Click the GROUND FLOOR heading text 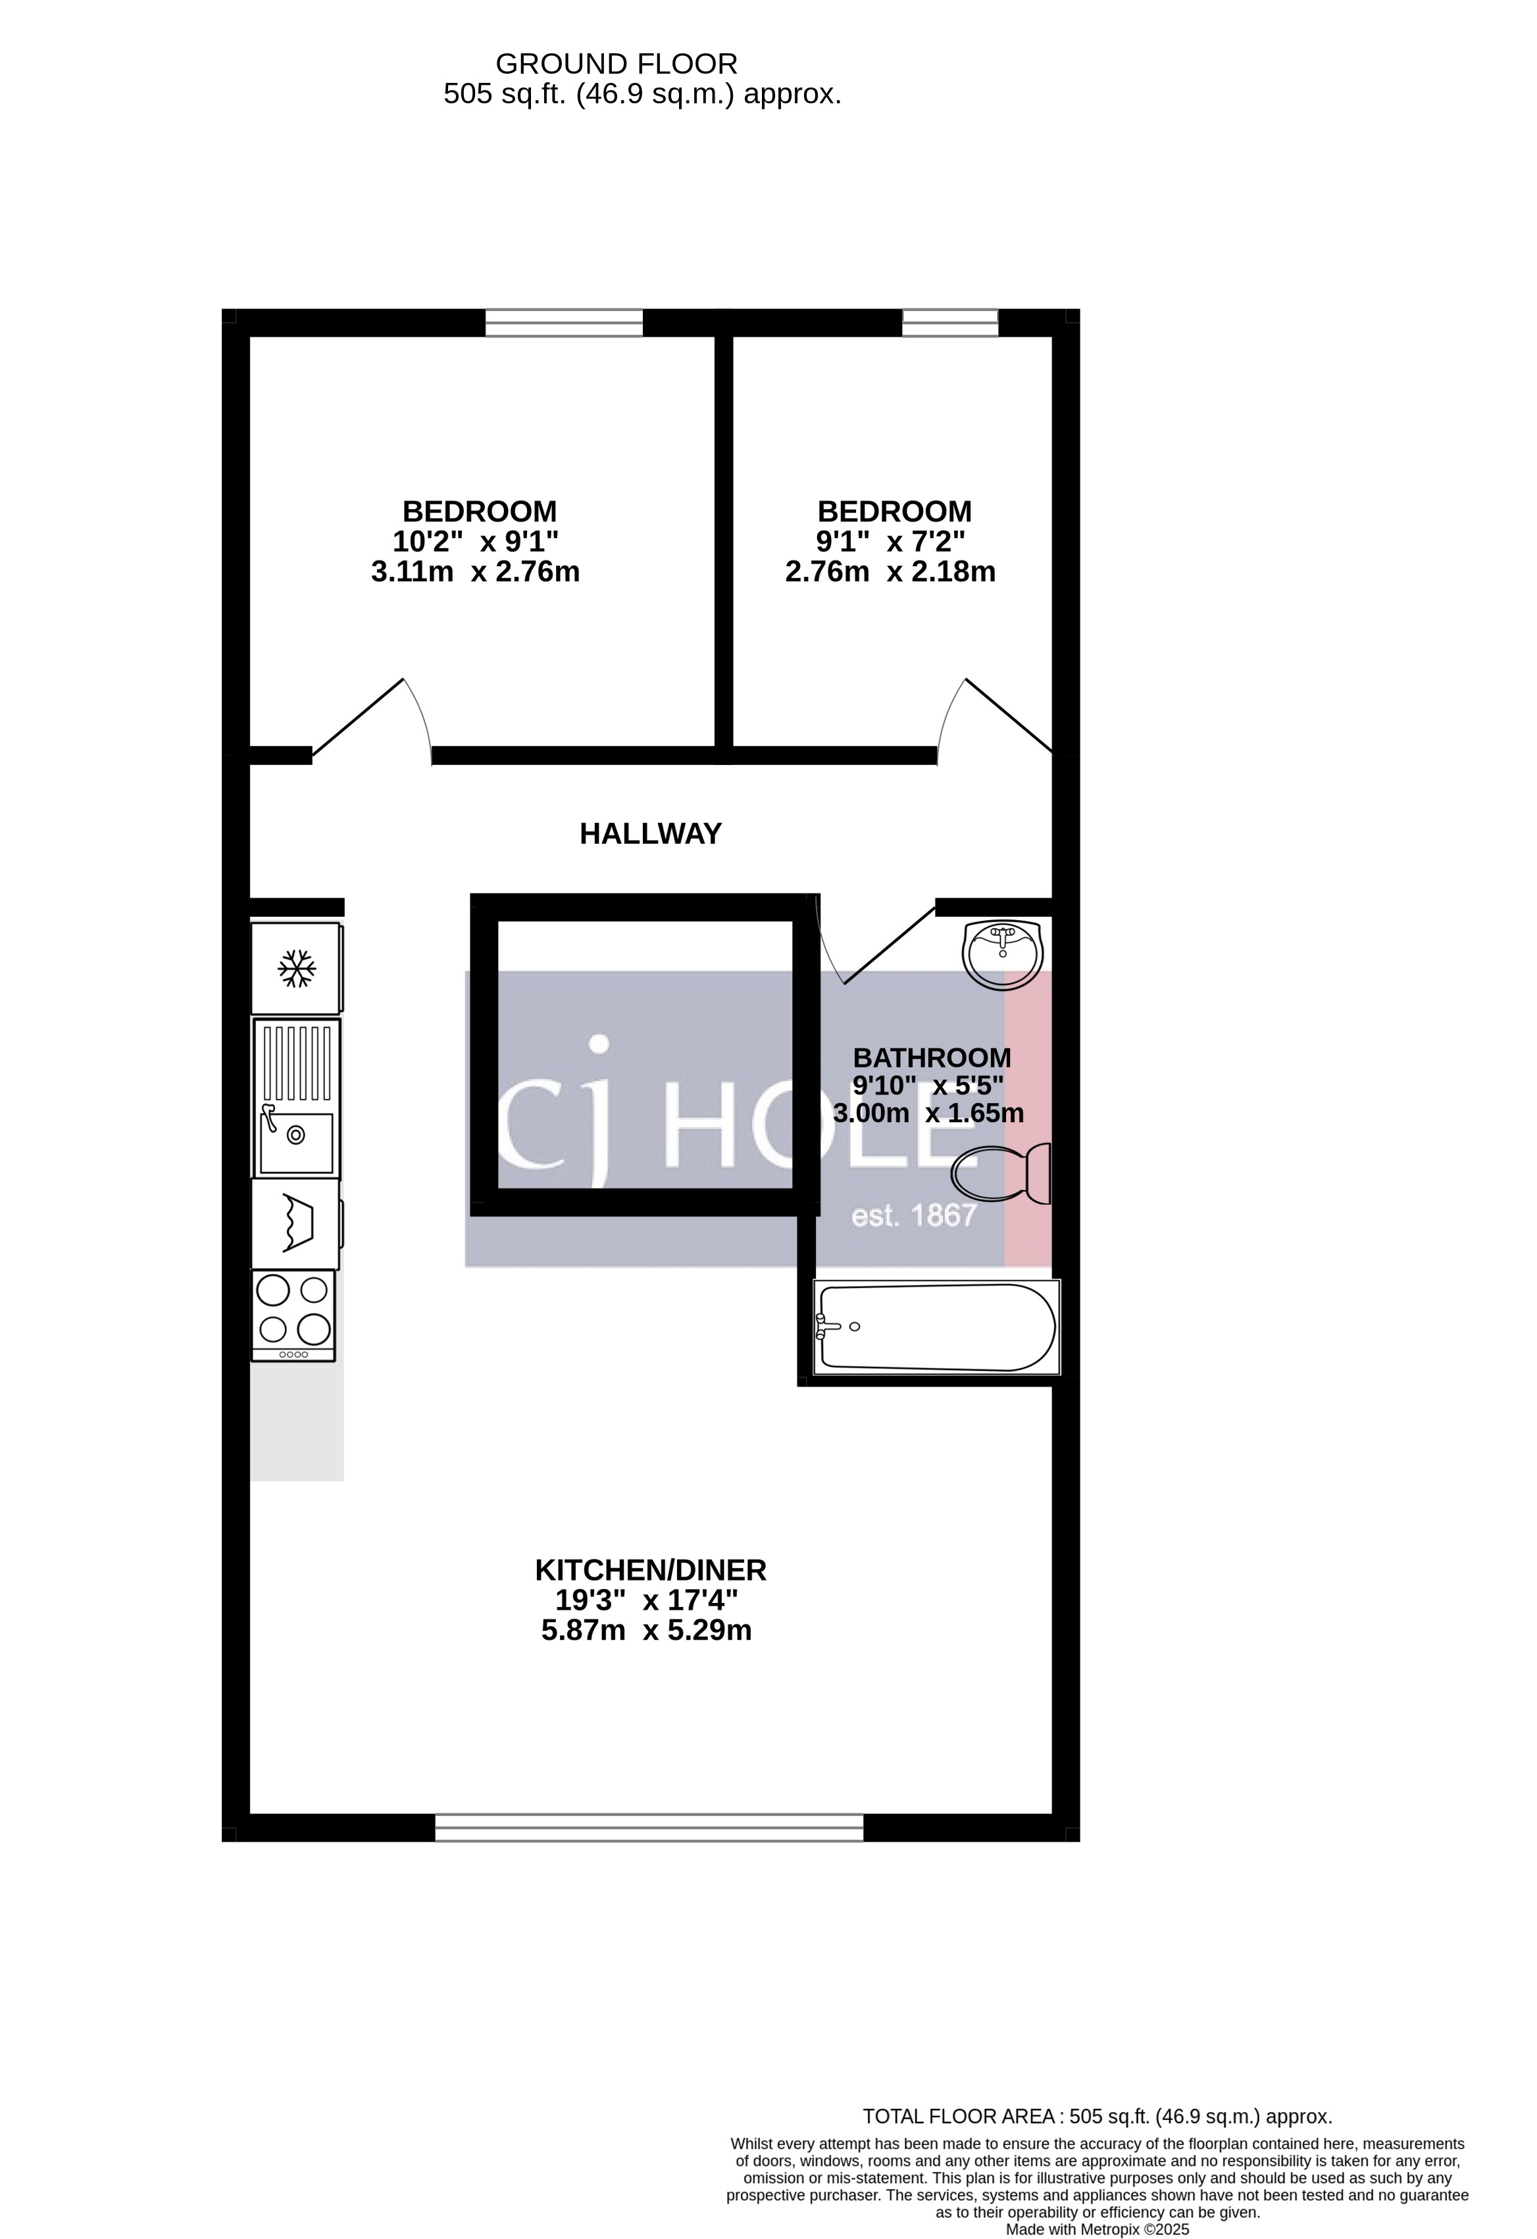617,64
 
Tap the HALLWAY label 651,833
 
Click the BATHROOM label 932,1058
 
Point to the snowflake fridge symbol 297,968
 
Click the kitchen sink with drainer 297,1098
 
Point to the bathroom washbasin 1002,954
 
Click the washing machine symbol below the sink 297,1223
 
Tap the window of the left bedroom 564,323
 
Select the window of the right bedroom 950,323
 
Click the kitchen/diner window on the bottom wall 649,1828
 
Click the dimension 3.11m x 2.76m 475,572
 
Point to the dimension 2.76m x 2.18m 890,572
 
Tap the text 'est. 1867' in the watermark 915,1216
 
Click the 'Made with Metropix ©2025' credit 1097,2229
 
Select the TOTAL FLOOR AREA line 1097,2117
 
